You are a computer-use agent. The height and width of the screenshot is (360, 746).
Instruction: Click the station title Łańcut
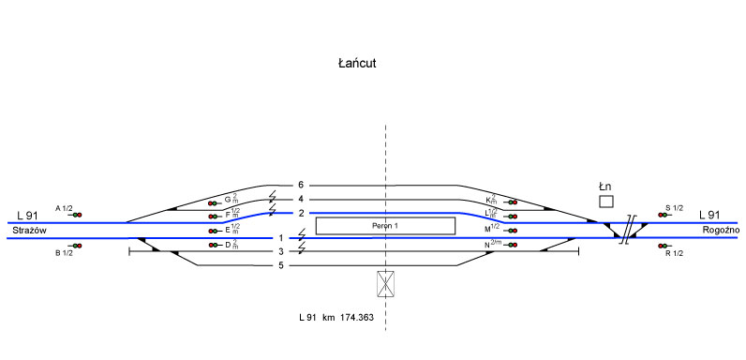pos(357,64)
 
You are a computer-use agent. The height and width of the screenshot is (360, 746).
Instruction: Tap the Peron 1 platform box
pos(385,226)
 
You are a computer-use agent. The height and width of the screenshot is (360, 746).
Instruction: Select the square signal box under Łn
pos(606,202)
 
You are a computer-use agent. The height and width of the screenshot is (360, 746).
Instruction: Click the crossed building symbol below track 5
pos(385,284)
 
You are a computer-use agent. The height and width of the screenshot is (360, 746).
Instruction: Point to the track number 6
pos(301,186)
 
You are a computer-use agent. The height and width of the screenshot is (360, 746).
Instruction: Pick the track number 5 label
pos(281,265)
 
